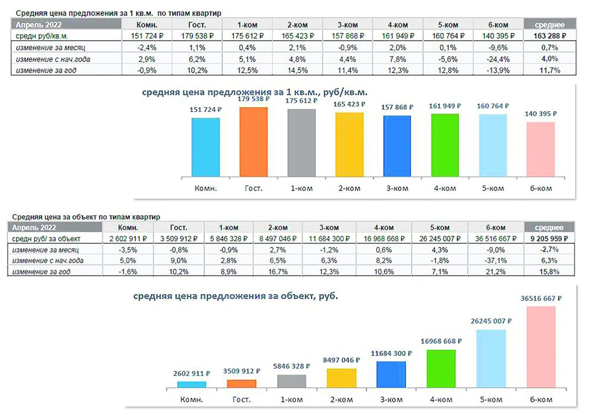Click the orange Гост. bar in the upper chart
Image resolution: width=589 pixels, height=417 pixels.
tap(253, 141)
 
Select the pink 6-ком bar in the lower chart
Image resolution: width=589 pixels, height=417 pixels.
tap(541, 347)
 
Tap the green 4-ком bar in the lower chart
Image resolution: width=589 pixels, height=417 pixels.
tap(441, 369)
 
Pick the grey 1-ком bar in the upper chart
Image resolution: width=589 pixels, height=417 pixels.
tap(301, 143)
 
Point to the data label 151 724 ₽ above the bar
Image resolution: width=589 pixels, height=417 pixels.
tap(205, 110)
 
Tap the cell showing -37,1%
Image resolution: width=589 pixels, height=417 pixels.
tap(496, 260)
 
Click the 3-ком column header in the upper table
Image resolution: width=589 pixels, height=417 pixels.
tap(348, 24)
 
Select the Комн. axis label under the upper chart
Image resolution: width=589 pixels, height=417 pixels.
tap(205, 188)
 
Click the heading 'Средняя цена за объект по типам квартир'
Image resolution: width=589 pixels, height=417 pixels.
tap(85, 217)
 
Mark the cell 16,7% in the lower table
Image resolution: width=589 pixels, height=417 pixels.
tap(277, 271)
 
